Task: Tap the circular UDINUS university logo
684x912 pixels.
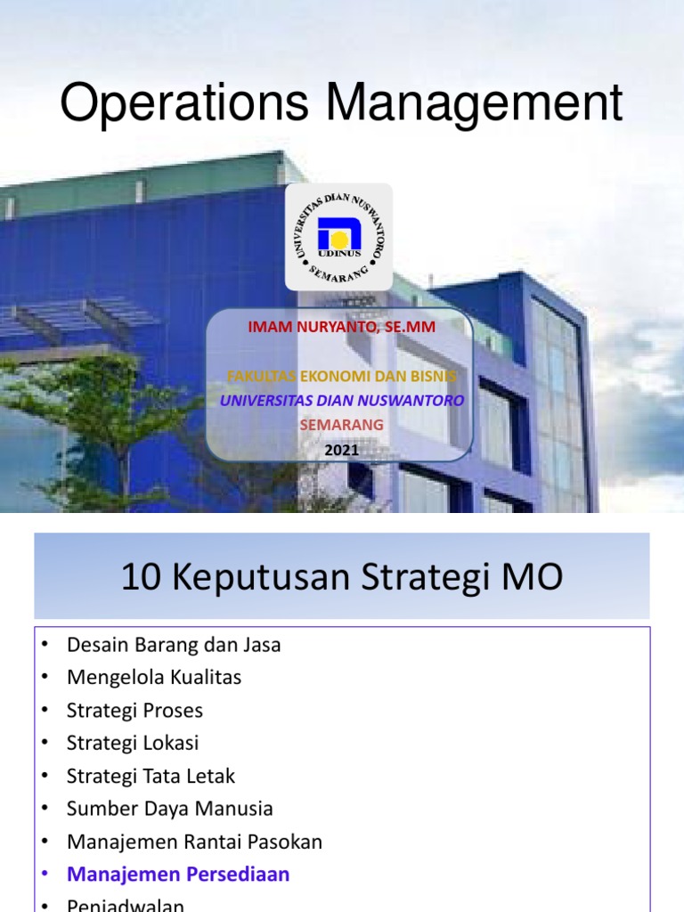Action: point(338,237)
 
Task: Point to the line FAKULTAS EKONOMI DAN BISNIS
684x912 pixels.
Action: point(341,376)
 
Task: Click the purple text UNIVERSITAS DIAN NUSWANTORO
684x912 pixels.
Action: point(341,401)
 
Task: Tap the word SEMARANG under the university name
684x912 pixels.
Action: point(341,425)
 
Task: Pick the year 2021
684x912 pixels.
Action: point(341,450)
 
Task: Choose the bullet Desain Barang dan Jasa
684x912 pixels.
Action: point(174,645)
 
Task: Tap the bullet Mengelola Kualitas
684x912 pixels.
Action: point(154,678)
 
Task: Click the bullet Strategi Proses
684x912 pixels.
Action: point(134,711)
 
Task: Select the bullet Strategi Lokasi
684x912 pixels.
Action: point(133,743)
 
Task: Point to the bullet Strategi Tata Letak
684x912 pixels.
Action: point(151,776)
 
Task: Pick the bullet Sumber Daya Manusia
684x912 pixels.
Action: point(169,809)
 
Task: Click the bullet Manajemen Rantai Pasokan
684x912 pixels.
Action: point(194,842)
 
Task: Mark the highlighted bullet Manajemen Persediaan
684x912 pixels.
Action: point(178,875)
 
